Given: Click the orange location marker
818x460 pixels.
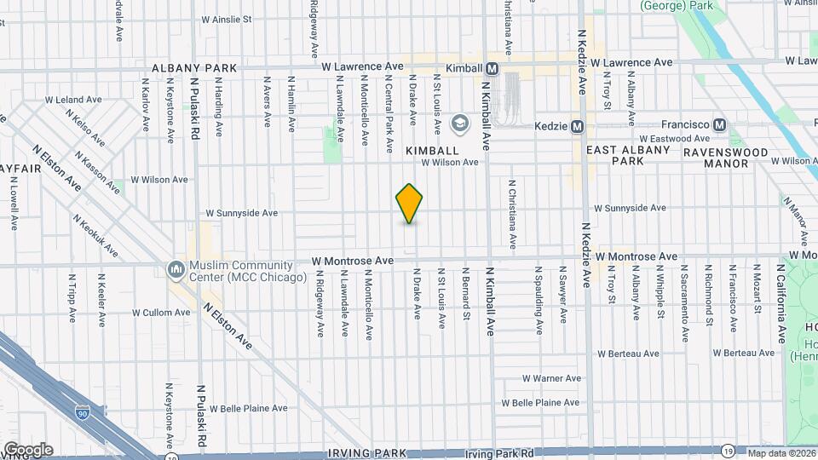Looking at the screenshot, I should [x=410, y=204].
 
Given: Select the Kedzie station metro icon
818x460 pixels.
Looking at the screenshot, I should [x=578, y=126].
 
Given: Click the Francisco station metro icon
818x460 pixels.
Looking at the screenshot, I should [x=720, y=124].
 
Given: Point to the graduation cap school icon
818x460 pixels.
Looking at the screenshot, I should [x=460, y=125].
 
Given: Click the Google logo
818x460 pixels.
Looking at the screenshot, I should [x=28, y=449].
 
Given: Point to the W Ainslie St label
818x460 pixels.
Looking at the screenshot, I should [x=227, y=19].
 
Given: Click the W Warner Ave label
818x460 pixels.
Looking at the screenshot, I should [x=551, y=378].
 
